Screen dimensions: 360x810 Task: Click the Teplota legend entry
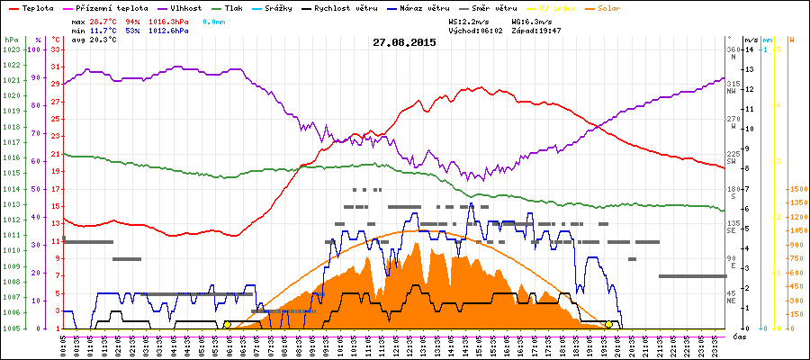pyautogui.click(x=34, y=7)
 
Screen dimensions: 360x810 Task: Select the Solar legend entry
pyautogui.click(x=608, y=7)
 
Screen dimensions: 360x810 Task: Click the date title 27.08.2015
pyautogui.click(x=404, y=42)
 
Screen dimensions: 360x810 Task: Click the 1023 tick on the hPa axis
pyautogui.click(x=11, y=49)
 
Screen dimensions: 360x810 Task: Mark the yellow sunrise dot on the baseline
pyautogui.click(x=227, y=325)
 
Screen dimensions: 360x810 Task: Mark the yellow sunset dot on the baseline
pyautogui.click(x=608, y=325)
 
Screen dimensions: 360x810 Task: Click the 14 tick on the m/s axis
pyautogui.click(x=750, y=49)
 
